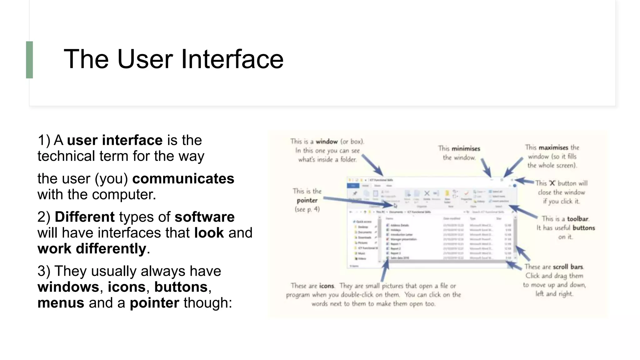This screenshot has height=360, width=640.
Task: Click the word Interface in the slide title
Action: click(x=232, y=59)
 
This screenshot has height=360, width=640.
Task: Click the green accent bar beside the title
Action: click(x=29, y=60)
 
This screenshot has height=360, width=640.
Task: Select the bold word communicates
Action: click(x=183, y=179)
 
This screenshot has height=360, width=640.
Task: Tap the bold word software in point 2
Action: click(x=204, y=217)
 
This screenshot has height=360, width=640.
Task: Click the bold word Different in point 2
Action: click(x=85, y=217)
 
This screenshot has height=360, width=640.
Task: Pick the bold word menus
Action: click(x=61, y=303)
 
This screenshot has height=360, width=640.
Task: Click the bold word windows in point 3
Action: click(x=68, y=287)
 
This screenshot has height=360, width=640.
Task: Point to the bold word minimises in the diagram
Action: click(x=466, y=149)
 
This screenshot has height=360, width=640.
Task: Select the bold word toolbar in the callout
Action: click(x=577, y=219)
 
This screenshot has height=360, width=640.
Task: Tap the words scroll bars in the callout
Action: click(x=568, y=267)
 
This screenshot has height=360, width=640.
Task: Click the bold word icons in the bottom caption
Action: click(x=327, y=286)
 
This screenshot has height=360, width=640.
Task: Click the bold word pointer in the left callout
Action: click(x=307, y=200)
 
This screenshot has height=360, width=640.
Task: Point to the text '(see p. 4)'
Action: click(x=307, y=209)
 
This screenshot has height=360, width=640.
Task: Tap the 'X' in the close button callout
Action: click(x=552, y=183)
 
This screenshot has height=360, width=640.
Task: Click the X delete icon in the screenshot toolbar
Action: click(x=427, y=193)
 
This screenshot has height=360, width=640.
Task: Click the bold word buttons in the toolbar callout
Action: click(x=583, y=228)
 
